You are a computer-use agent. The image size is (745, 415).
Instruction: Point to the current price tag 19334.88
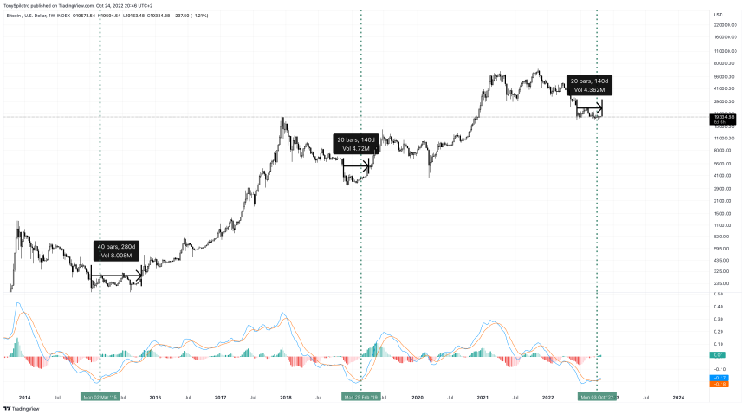coord(723,118)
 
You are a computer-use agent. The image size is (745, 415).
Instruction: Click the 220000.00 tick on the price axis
coord(723,25)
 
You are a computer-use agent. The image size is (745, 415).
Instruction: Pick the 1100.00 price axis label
coord(723,225)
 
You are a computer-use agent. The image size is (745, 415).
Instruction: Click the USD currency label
coord(718,14)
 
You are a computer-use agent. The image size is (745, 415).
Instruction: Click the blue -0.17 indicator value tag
coord(719,378)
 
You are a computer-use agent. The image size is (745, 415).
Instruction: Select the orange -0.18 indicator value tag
coord(719,384)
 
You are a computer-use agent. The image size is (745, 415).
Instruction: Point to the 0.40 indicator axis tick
coord(719,306)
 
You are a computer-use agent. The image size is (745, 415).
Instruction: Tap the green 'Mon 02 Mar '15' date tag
coord(100,397)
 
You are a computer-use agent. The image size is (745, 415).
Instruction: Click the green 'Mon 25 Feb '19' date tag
coord(360,397)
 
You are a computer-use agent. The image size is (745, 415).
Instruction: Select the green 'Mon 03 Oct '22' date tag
coord(598,397)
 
